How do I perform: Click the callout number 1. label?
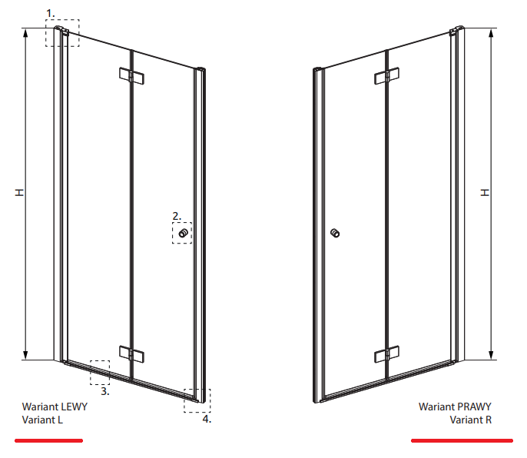pos(50,14)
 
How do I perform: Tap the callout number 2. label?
pos(177,216)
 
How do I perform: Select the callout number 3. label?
pos(105,391)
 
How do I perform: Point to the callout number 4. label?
pos(207,419)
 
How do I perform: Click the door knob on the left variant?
pos(183,233)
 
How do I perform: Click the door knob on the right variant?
pos(335,233)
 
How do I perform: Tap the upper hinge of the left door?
pos(132,76)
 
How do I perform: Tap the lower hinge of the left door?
pos(132,354)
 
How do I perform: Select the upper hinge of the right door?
pos(387,76)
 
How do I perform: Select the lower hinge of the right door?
pos(387,354)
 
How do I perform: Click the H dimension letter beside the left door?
pos(20,192)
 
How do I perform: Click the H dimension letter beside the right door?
pos(485,192)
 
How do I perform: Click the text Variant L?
pos(42,420)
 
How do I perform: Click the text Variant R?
pos(470,420)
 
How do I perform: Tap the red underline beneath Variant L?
pos(48,440)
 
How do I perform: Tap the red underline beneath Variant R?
pos(462,440)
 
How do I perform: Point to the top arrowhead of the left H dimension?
pos(25,33)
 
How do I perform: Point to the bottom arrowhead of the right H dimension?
pos(491,355)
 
